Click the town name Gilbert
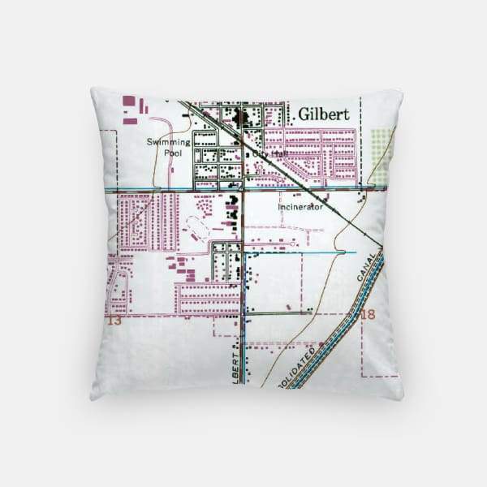(x=323, y=114)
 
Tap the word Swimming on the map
(x=168, y=141)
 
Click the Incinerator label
(x=300, y=206)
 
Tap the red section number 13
(x=114, y=321)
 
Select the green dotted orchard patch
(x=381, y=154)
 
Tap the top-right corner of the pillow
(x=401, y=92)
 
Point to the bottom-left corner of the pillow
(x=92, y=398)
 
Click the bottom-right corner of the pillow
(x=402, y=398)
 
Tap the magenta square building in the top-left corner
(x=128, y=101)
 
